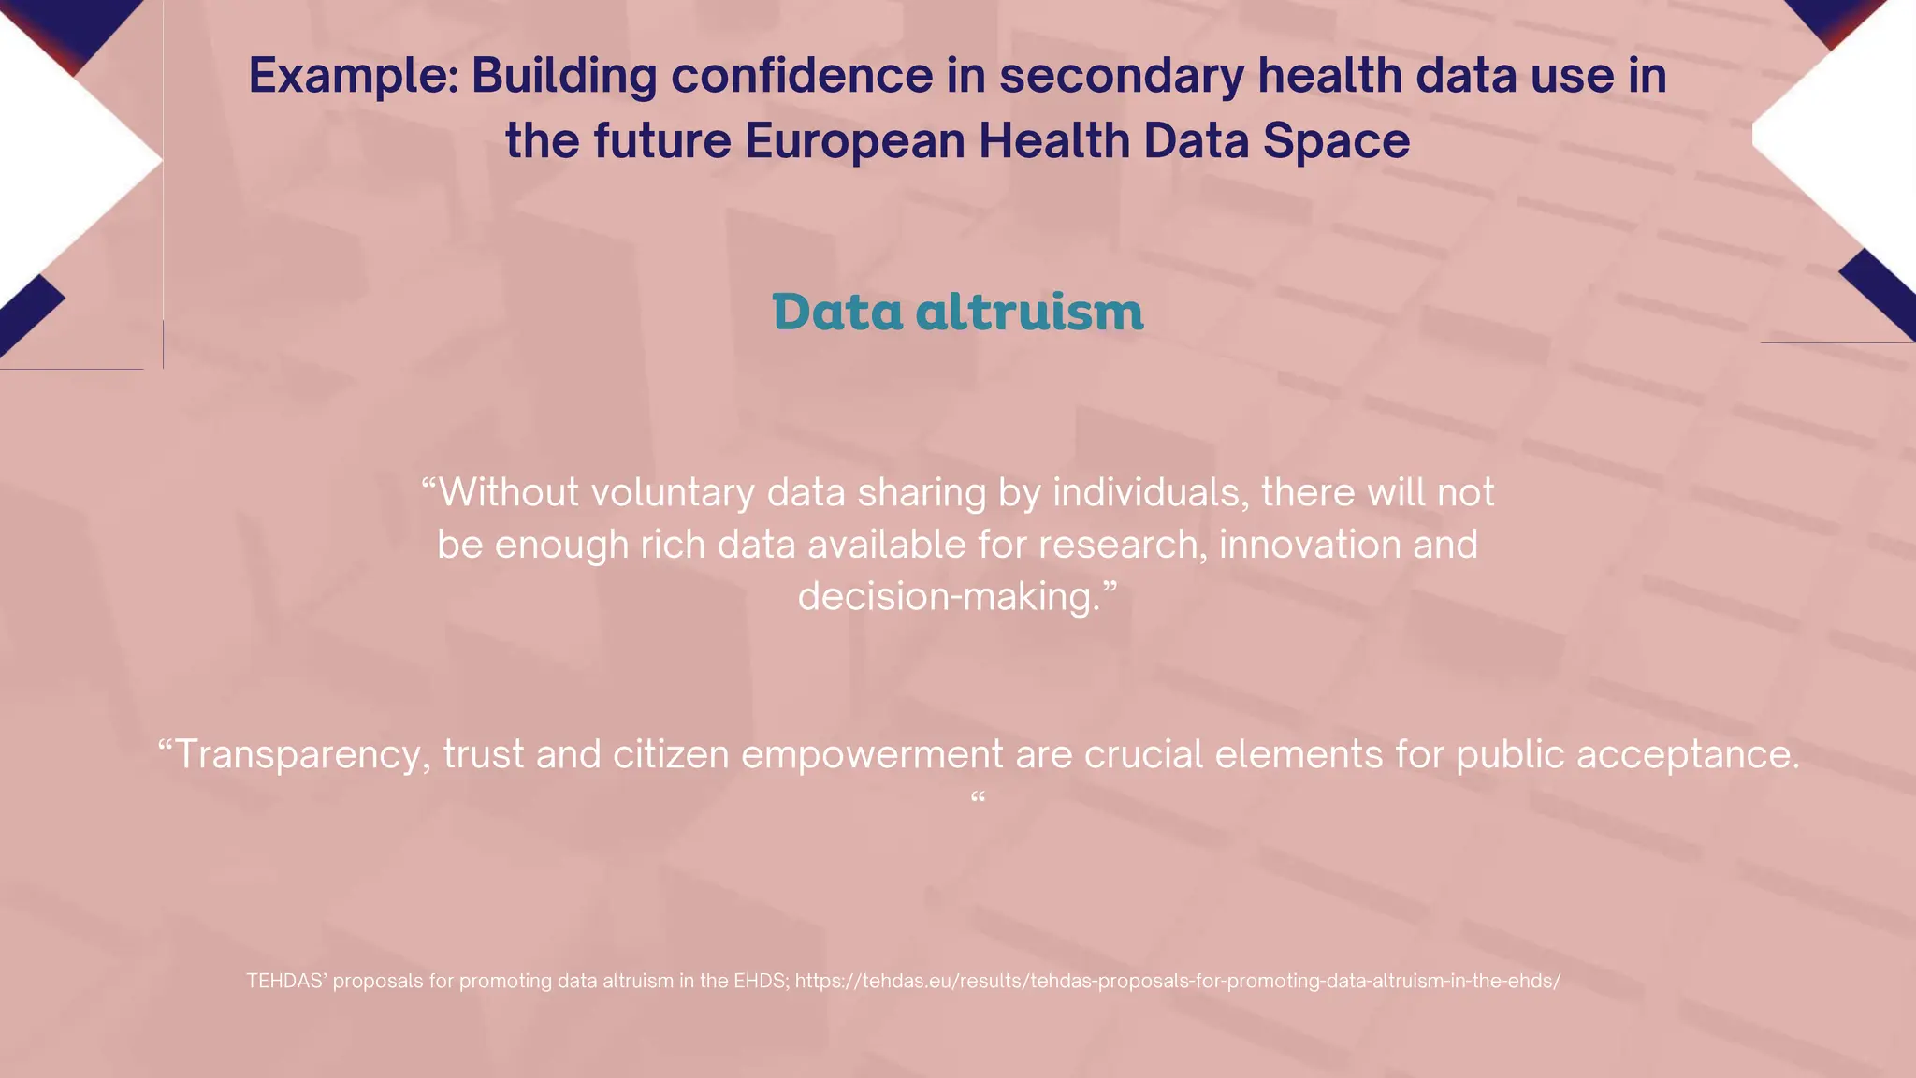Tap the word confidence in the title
(802, 75)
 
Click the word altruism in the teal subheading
(1029, 312)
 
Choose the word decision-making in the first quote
(950, 597)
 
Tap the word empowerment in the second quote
(872, 754)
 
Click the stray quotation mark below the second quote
(978, 798)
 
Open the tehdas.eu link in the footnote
(1177, 981)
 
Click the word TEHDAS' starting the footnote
(286, 981)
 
